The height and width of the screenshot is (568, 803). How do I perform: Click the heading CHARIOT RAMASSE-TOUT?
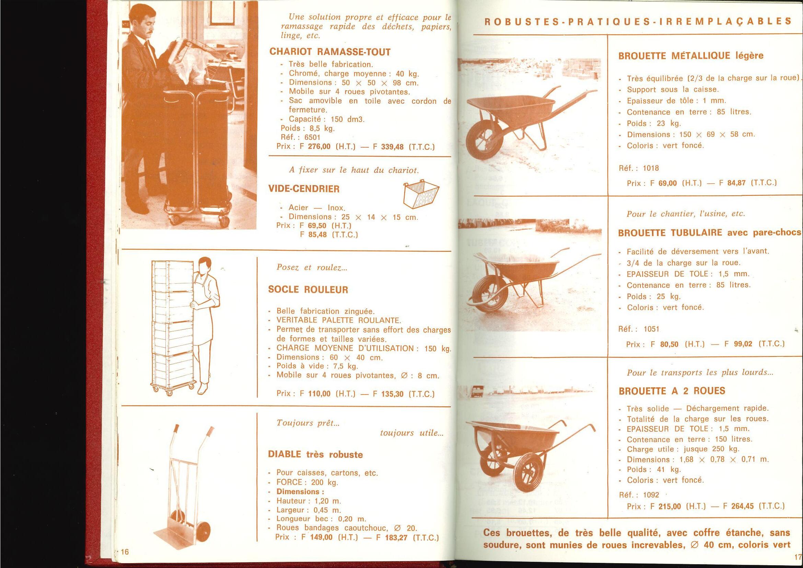tap(330, 52)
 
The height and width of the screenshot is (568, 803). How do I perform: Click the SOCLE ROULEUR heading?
tap(308, 290)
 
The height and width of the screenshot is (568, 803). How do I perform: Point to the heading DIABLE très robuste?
tap(315, 455)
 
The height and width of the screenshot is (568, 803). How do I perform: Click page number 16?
tap(125, 552)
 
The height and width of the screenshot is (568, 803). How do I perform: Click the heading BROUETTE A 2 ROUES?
tap(672, 391)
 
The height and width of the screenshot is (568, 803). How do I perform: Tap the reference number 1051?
tap(651, 329)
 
